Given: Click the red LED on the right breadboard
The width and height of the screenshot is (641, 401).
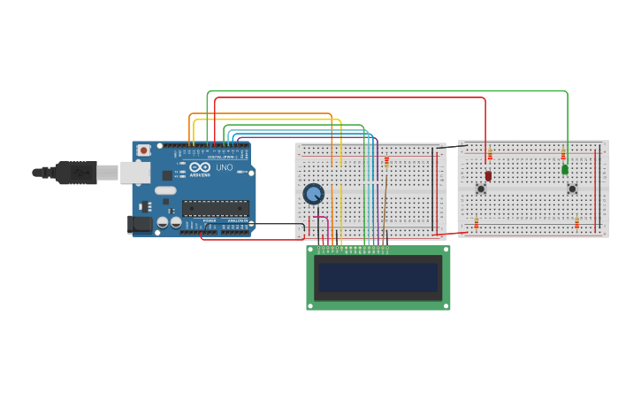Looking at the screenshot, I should [x=488, y=175].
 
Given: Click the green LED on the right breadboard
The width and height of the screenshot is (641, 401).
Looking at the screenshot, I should [x=565, y=169].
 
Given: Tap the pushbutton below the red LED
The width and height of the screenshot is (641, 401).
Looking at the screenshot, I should [x=481, y=189].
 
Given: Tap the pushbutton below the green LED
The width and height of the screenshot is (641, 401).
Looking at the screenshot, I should [x=572, y=189].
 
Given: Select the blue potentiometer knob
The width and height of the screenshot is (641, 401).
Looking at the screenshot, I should [x=313, y=194].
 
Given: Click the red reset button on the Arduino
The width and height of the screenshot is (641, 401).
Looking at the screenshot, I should [x=143, y=151].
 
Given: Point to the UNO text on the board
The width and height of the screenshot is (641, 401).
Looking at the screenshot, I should [x=225, y=167].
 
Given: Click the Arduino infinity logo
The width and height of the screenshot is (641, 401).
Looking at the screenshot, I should [x=200, y=167].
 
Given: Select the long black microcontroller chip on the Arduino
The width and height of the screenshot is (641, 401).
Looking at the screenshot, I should [x=215, y=209].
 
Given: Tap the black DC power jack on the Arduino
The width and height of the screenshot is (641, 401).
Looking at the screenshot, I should [x=139, y=224].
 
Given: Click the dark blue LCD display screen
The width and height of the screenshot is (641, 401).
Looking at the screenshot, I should [x=378, y=278].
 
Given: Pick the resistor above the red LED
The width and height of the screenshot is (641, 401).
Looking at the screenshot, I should [x=490, y=156].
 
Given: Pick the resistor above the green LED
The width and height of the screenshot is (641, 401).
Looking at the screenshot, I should [x=563, y=155].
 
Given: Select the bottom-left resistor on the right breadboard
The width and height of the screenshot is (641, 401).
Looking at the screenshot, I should [x=476, y=222].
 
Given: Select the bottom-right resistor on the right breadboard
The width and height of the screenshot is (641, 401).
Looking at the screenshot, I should [x=577, y=222].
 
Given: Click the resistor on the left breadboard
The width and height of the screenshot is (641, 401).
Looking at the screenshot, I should [x=386, y=161].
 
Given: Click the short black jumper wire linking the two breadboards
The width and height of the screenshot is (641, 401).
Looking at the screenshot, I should [x=452, y=147].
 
